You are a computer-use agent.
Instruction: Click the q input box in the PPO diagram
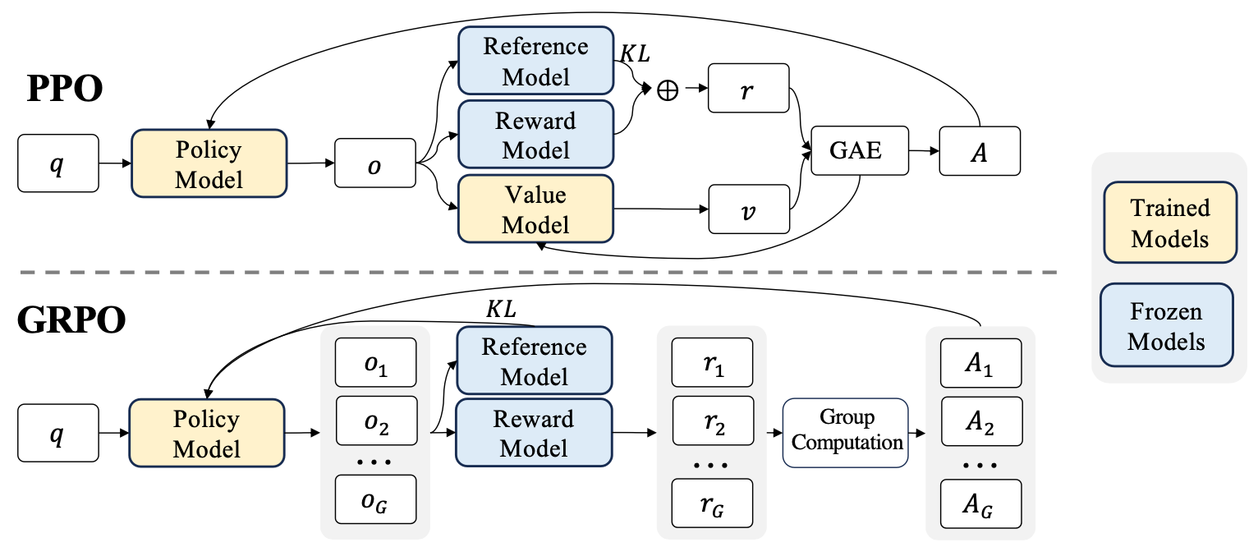(x=57, y=163)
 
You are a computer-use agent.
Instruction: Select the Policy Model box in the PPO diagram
(x=209, y=163)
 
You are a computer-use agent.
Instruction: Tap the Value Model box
(x=535, y=209)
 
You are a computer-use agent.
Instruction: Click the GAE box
(x=860, y=150)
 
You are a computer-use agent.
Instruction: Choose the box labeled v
(x=747, y=210)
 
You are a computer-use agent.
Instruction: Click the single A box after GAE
(x=980, y=150)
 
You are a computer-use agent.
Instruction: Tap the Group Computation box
(x=845, y=432)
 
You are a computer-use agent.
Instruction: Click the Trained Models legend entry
(x=1169, y=223)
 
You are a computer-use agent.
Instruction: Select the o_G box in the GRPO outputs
(x=375, y=498)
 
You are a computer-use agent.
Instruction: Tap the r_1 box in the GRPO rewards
(x=712, y=364)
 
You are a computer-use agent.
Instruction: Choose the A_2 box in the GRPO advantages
(x=980, y=423)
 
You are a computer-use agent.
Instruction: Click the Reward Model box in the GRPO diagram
(x=534, y=434)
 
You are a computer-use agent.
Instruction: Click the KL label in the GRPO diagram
(x=503, y=310)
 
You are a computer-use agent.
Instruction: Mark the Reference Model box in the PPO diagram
(x=535, y=61)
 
